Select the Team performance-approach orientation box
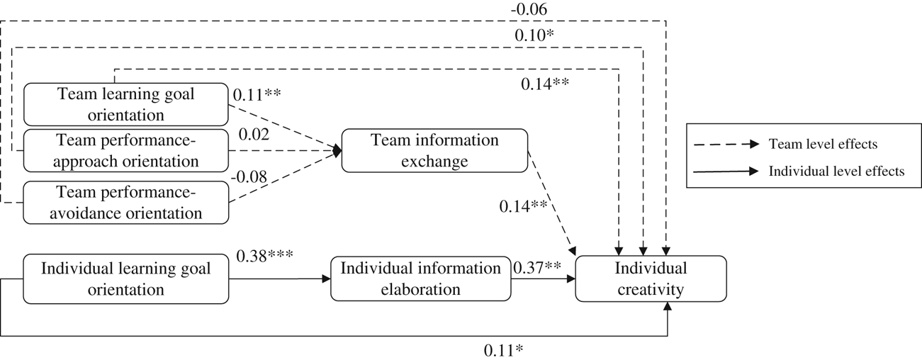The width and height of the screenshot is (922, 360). pyautogui.click(x=125, y=150)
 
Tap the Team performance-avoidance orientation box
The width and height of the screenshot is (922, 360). pyautogui.click(x=125, y=202)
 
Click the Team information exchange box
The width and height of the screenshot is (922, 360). pyautogui.click(x=434, y=150)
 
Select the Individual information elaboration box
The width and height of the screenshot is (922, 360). pyautogui.click(x=420, y=279)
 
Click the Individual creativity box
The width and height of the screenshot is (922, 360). pyautogui.click(x=651, y=279)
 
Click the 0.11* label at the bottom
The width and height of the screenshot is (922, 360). pyautogui.click(x=503, y=349)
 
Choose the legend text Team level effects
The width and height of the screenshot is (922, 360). pyautogui.click(x=823, y=144)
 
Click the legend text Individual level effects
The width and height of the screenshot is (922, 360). pyautogui.click(x=835, y=171)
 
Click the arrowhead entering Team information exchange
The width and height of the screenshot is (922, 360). pyautogui.click(x=338, y=150)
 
